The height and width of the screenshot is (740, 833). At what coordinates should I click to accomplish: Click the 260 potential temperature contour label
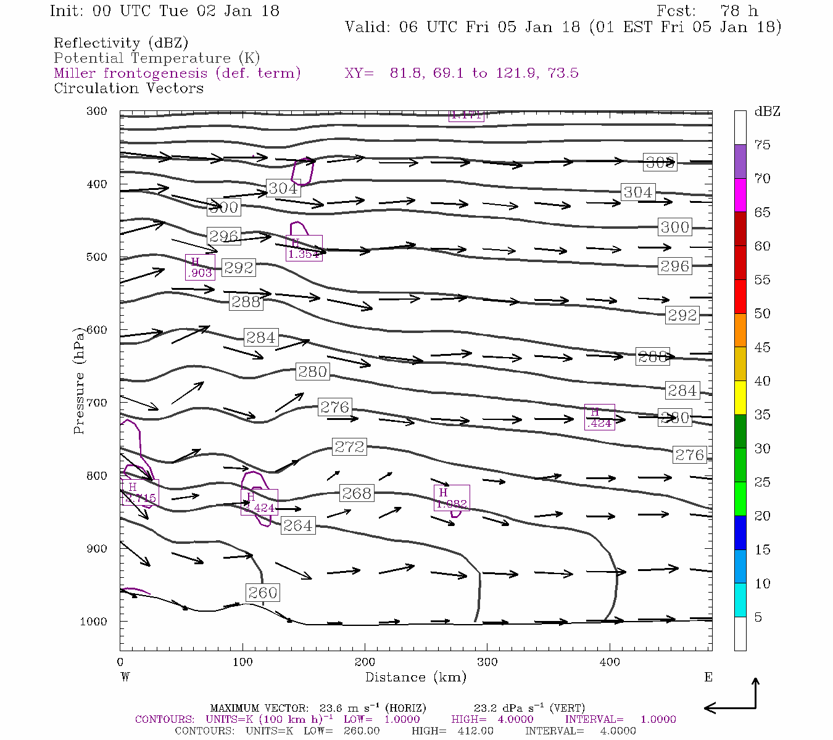coord(263,593)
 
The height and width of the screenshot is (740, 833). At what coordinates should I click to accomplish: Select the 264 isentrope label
coord(297,525)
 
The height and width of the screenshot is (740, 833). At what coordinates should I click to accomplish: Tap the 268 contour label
coord(357,493)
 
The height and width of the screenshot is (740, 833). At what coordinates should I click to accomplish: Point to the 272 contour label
coord(349,446)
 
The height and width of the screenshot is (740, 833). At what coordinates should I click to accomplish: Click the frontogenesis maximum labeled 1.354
coord(304,248)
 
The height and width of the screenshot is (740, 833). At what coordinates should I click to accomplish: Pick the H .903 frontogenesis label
coord(201,268)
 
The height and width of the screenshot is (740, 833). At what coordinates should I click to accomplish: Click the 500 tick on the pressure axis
coord(96,257)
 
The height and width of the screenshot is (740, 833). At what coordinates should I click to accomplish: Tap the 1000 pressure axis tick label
coord(93,622)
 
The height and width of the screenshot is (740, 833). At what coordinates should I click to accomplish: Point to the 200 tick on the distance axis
coord(365,662)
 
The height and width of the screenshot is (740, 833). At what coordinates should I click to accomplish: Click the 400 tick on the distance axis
coord(610,662)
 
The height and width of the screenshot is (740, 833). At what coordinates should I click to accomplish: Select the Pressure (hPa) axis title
coord(79,385)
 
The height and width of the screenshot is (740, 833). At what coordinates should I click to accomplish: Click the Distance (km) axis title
coord(415,677)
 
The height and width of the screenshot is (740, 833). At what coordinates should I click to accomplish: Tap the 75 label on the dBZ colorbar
coord(763,145)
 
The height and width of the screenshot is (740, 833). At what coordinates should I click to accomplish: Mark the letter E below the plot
coord(708,677)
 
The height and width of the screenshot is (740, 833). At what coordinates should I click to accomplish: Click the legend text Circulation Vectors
coord(128,88)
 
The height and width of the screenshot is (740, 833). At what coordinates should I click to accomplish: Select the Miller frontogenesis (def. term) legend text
coord(177,73)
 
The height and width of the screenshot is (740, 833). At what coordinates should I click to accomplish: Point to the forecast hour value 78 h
coord(739,11)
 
